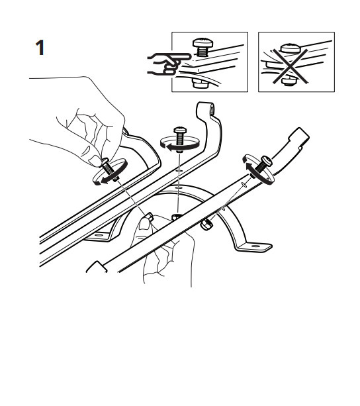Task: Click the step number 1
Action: tap(40, 48)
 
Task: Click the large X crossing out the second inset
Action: tap(291, 66)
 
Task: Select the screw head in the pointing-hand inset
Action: tap(203, 42)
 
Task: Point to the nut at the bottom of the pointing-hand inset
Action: tap(200, 84)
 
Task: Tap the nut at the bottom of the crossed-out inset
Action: tap(290, 81)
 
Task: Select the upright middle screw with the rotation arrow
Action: tap(179, 139)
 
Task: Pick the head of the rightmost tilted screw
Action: tap(267, 161)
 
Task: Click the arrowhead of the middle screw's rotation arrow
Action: tap(171, 148)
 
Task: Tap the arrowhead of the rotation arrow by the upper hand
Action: tap(105, 180)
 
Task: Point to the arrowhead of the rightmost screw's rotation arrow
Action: tap(249, 167)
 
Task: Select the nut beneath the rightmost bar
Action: tap(207, 223)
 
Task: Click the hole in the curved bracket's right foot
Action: tap(255, 246)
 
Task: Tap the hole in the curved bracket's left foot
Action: tap(99, 236)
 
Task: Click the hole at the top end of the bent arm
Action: tap(212, 109)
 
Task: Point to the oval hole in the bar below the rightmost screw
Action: tap(244, 184)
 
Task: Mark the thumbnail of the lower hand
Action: tap(144, 224)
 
